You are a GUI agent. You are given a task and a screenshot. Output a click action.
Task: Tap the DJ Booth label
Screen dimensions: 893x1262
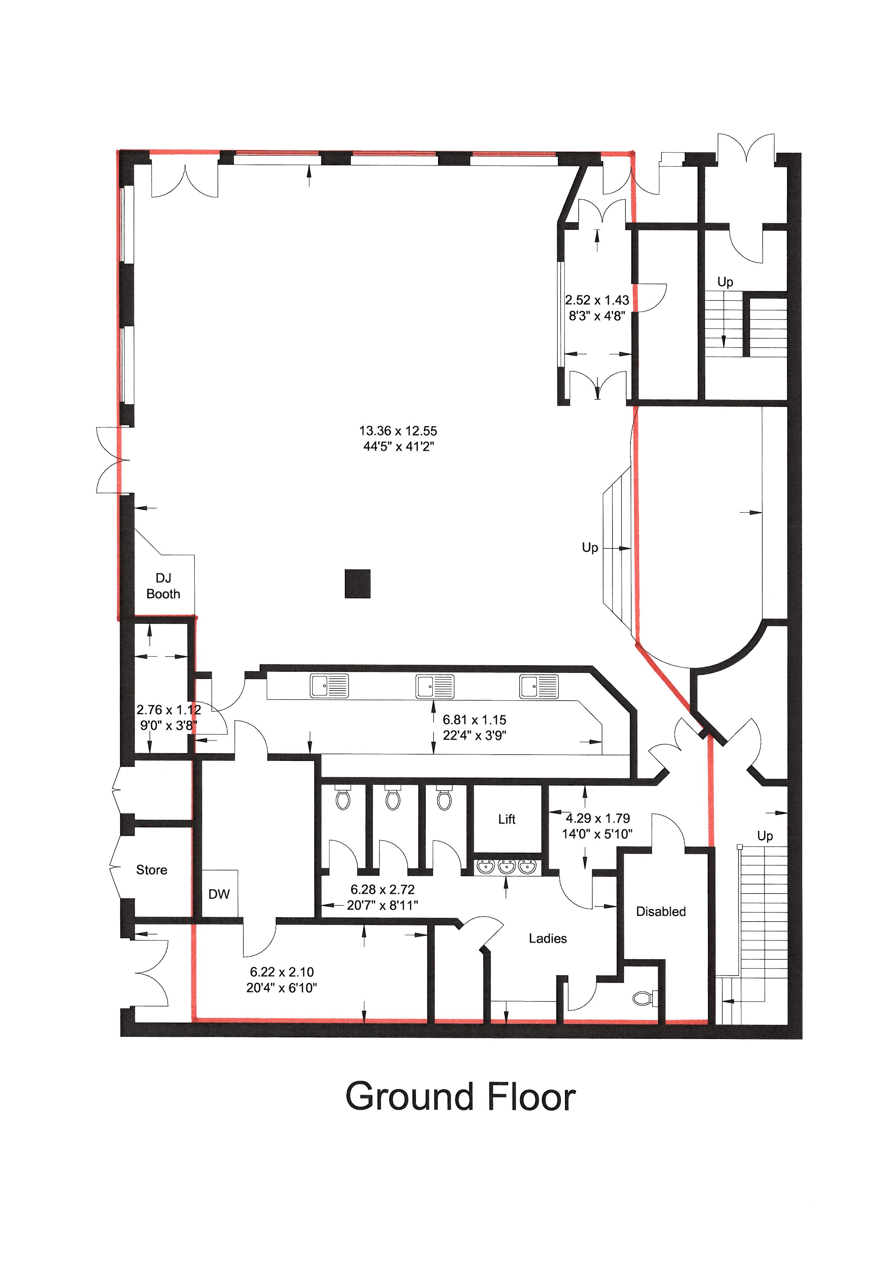(163, 586)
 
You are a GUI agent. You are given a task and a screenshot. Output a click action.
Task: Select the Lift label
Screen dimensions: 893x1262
(506, 819)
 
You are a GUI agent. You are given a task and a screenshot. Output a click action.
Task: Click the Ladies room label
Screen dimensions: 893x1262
(548, 938)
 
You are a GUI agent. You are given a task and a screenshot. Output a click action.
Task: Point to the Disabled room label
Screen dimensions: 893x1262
(661, 911)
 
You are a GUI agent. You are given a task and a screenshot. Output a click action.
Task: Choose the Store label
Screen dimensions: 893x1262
(152, 869)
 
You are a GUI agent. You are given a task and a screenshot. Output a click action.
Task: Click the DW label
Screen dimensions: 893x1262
(219, 894)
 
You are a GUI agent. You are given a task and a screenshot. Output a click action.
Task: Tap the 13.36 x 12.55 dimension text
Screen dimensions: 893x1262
(398, 431)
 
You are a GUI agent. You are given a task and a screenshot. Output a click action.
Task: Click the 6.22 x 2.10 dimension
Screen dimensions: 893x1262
(282, 972)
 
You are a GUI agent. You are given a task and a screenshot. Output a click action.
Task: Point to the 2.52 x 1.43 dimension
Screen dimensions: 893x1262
(597, 300)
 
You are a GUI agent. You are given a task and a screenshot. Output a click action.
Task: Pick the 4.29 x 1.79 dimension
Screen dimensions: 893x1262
(598, 818)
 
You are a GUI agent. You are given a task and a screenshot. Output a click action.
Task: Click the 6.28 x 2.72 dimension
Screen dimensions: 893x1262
(383, 889)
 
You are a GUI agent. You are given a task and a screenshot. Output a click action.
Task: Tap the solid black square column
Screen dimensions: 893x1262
(358, 584)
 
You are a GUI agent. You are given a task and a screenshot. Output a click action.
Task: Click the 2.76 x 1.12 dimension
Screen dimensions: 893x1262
(169, 710)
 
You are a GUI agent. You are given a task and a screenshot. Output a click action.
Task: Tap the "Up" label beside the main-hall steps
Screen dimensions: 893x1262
(590, 547)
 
